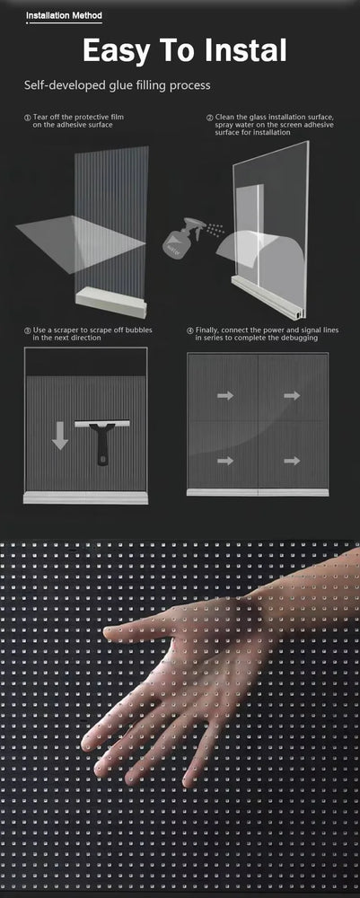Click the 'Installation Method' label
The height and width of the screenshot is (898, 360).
[64, 16]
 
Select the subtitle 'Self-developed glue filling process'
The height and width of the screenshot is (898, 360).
[118, 86]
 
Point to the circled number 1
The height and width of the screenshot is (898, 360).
[27, 118]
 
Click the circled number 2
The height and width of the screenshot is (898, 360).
[209, 118]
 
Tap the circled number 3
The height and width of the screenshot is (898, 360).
[27, 330]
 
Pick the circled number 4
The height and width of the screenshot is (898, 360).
[190, 330]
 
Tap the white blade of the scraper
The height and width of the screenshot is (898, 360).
[102, 424]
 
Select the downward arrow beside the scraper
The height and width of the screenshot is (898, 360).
[59, 436]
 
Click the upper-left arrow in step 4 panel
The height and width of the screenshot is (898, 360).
[225, 395]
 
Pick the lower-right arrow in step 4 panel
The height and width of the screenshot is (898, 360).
[292, 461]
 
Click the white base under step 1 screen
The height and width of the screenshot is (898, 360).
[111, 302]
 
